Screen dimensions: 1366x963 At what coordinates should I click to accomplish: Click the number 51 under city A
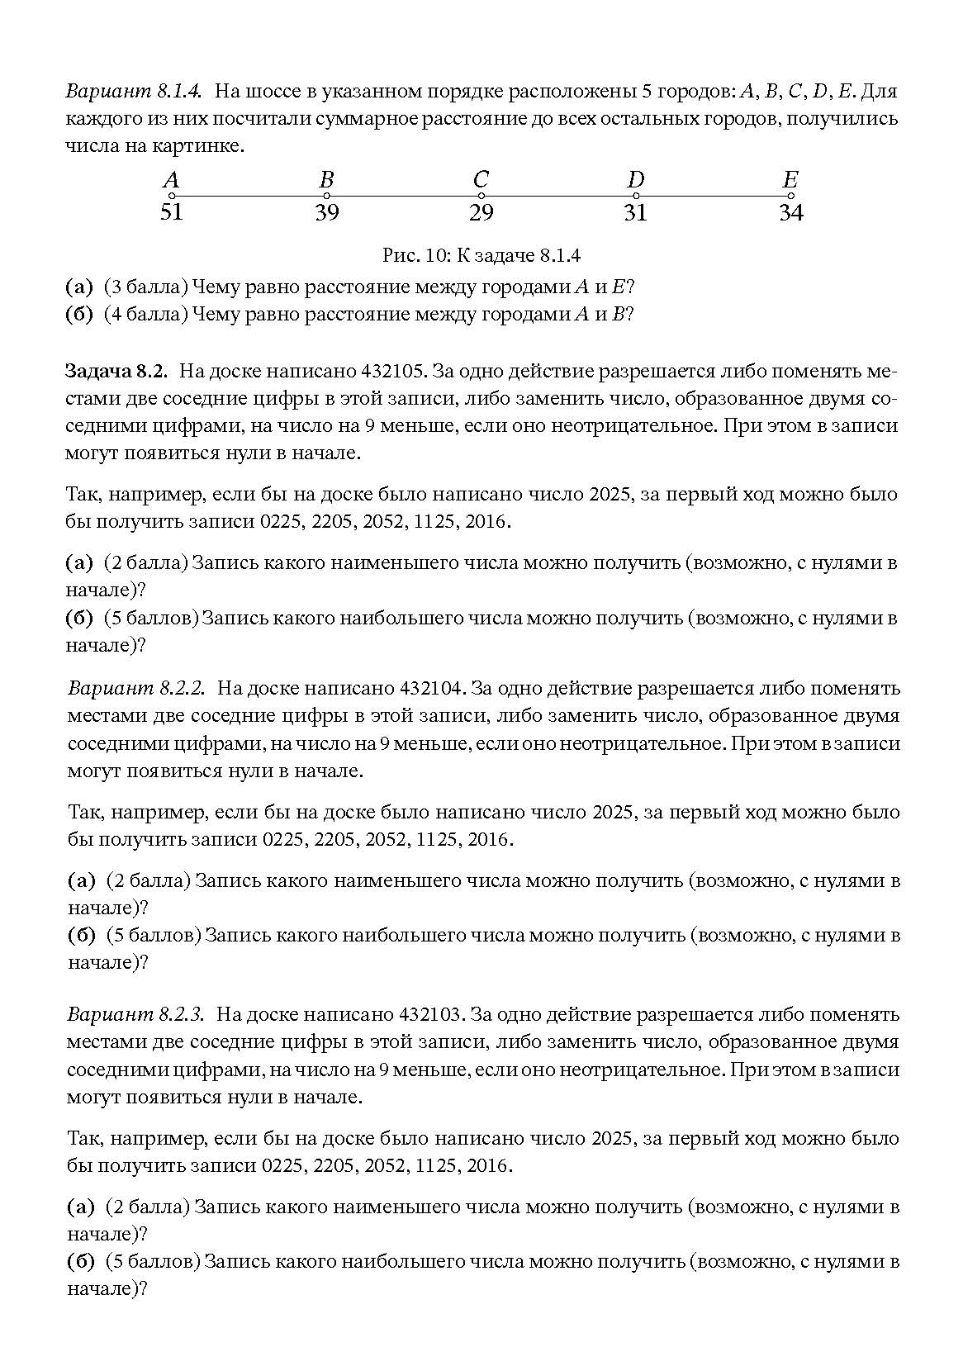point(171,212)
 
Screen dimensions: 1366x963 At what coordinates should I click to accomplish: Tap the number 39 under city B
point(326,212)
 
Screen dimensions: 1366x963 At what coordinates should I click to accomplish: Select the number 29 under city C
point(481,212)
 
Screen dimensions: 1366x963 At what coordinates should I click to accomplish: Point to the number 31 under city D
point(635,212)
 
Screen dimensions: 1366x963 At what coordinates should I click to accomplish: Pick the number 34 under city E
point(790,212)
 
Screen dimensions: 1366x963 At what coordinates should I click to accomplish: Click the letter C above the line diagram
point(481,178)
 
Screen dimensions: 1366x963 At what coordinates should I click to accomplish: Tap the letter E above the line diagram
point(790,178)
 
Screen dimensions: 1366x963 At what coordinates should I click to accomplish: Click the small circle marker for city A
point(171,196)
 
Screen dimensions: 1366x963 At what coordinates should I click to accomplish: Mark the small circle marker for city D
point(635,196)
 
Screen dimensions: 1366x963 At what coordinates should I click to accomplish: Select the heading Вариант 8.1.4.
point(135,90)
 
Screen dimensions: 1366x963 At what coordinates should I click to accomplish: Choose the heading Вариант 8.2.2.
point(136,688)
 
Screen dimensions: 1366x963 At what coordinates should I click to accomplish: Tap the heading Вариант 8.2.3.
point(136,1014)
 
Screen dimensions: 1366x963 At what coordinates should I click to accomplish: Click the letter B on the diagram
point(326,178)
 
